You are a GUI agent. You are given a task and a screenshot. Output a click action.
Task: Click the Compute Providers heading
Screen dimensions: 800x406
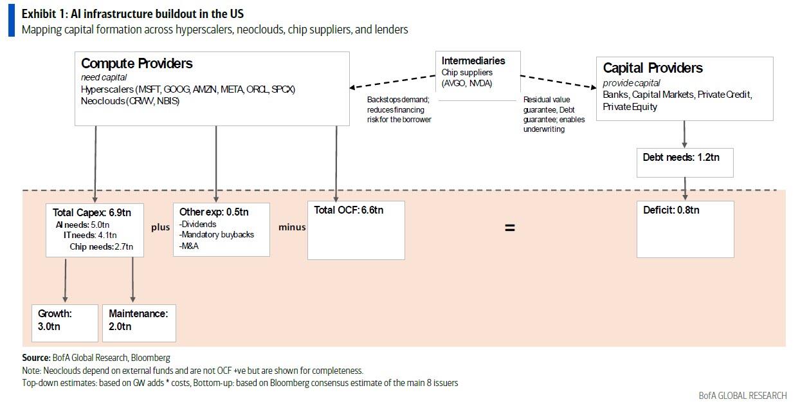(x=137, y=64)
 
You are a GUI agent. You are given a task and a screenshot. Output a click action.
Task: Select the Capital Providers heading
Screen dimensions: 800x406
(x=653, y=68)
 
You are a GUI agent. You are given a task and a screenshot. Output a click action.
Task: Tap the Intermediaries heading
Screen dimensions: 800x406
(x=473, y=60)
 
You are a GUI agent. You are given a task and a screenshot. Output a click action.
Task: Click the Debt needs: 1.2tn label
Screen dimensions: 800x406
(x=681, y=157)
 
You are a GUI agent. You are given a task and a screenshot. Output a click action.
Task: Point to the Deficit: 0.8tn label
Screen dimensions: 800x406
(x=671, y=210)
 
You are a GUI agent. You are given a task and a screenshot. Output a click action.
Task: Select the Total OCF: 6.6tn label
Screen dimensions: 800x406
(x=349, y=210)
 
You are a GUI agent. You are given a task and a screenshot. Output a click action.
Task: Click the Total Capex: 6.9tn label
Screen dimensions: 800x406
(x=92, y=212)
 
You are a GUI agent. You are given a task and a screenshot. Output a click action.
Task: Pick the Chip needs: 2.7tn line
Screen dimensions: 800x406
(x=102, y=246)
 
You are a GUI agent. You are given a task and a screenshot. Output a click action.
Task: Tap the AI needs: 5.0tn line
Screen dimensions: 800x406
(x=82, y=225)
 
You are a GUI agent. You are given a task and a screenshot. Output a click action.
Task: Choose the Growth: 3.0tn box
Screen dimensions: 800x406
(x=65, y=323)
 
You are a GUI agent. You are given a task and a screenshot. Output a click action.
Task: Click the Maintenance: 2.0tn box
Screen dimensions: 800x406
(x=139, y=323)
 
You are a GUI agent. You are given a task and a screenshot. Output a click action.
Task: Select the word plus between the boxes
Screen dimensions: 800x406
(x=160, y=228)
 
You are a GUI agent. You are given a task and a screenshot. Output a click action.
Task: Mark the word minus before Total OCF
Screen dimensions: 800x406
(x=292, y=227)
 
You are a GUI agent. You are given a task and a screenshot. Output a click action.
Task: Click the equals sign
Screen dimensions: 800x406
(x=509, y=228)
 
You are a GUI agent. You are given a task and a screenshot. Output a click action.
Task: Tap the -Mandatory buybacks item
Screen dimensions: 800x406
(x=217, y=235)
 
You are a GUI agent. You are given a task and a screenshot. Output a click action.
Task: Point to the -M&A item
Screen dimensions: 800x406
(x=189, y=246)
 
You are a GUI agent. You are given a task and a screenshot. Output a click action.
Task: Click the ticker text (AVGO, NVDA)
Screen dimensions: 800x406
(x=467, y=83)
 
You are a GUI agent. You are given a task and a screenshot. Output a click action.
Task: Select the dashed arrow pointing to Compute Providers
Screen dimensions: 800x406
(x=392, y=82)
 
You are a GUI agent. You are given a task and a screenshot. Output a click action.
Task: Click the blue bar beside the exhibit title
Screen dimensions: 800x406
(x=12, y=21)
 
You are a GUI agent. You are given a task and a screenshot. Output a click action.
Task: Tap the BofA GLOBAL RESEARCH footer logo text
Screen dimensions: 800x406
(x=743, y=396)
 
